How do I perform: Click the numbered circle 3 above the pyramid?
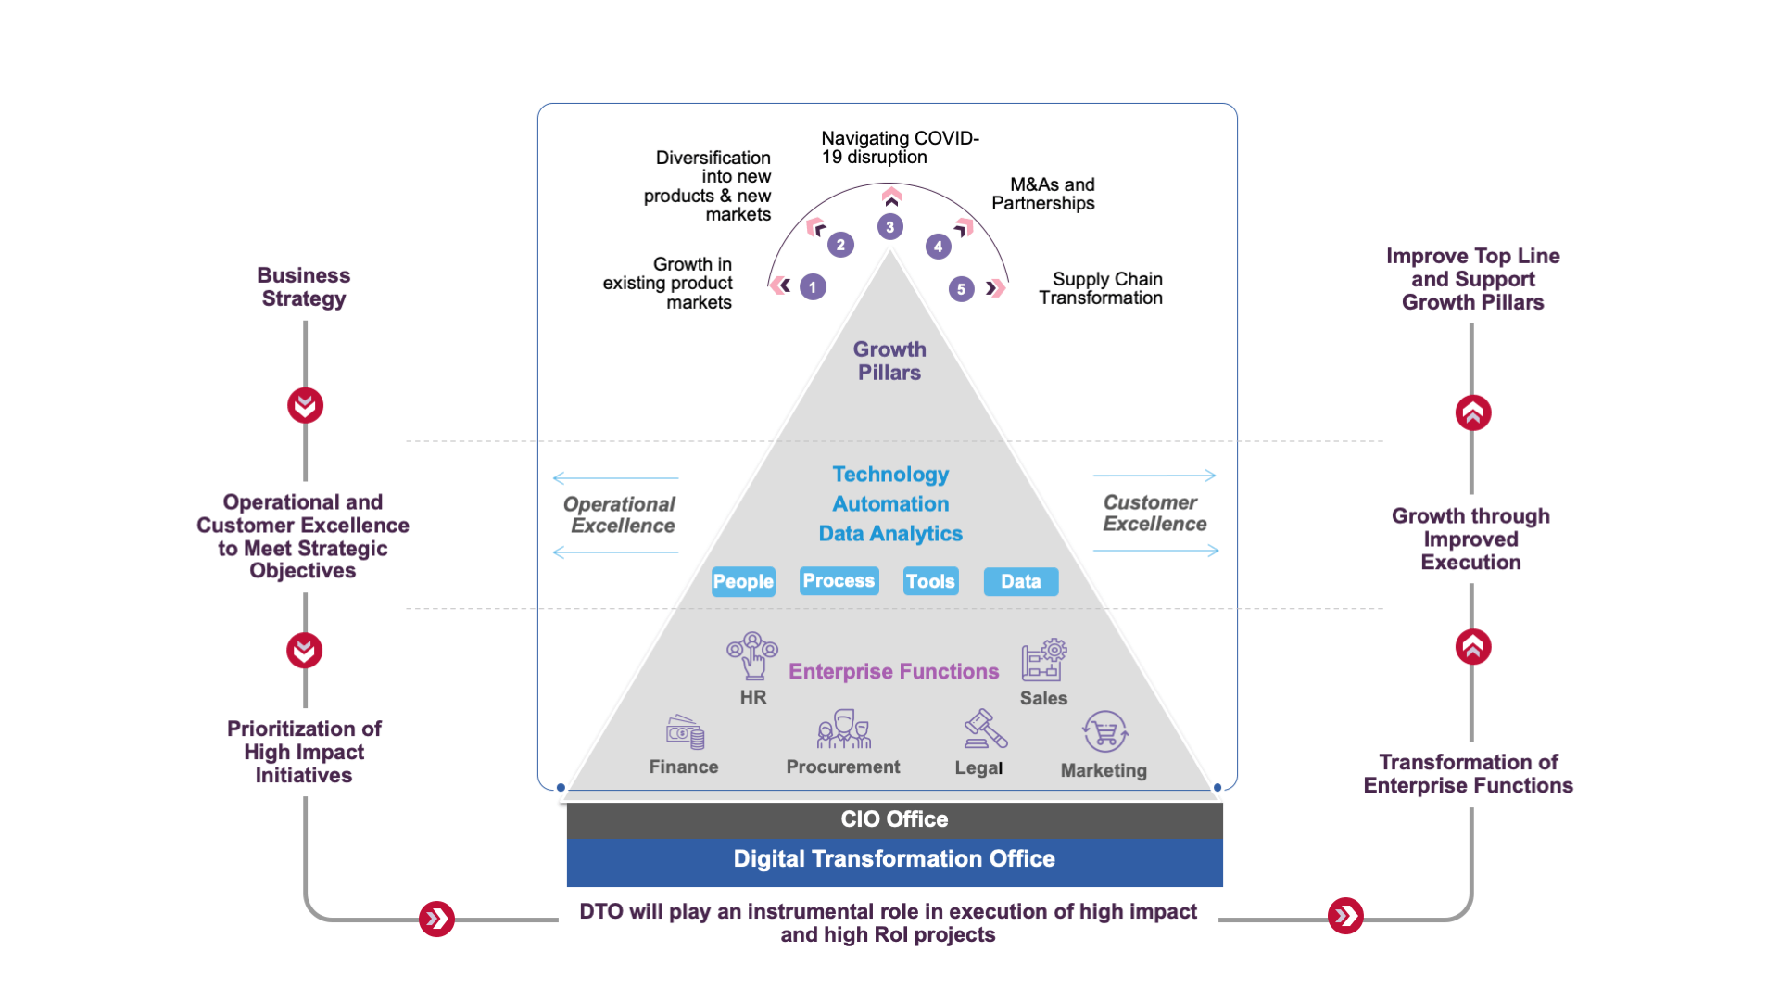(889, 226)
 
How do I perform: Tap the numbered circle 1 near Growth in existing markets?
(813, 287)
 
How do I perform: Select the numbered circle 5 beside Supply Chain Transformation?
(962, 289)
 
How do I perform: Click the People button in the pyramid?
(743, 581)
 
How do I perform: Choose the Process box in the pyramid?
(839, 580)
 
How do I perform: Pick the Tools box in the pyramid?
(930, 581)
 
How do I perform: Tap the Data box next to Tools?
(1020, 581)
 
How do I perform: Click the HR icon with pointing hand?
(752, 655)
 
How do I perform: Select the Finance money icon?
(685, 732)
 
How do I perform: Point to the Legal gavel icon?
(984, 729)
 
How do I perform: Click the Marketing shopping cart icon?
(1104, 732)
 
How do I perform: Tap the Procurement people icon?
(843, 729)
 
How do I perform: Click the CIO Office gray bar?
(894, 819)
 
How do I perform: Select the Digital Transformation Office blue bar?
(894, 859)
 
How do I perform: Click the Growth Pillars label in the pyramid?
(889, 361)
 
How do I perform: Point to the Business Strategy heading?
(304, 287)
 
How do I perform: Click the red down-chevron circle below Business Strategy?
(305, 405)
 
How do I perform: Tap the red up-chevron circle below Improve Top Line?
(1472, 412)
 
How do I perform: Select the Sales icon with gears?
(1044, 659)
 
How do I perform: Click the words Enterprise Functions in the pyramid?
(893, 671)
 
